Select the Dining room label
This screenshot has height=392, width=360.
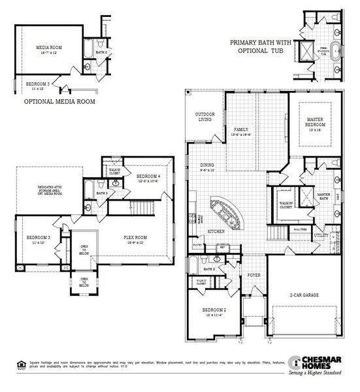point(207,167)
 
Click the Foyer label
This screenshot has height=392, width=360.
point(254,276)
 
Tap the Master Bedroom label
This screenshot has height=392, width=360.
point(316,124)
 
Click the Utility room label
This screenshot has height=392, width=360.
point(320,235)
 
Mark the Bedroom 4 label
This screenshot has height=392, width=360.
point(148,178)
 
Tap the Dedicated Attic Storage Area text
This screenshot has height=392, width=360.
point(41,190)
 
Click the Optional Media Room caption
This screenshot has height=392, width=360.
point(59,102)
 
